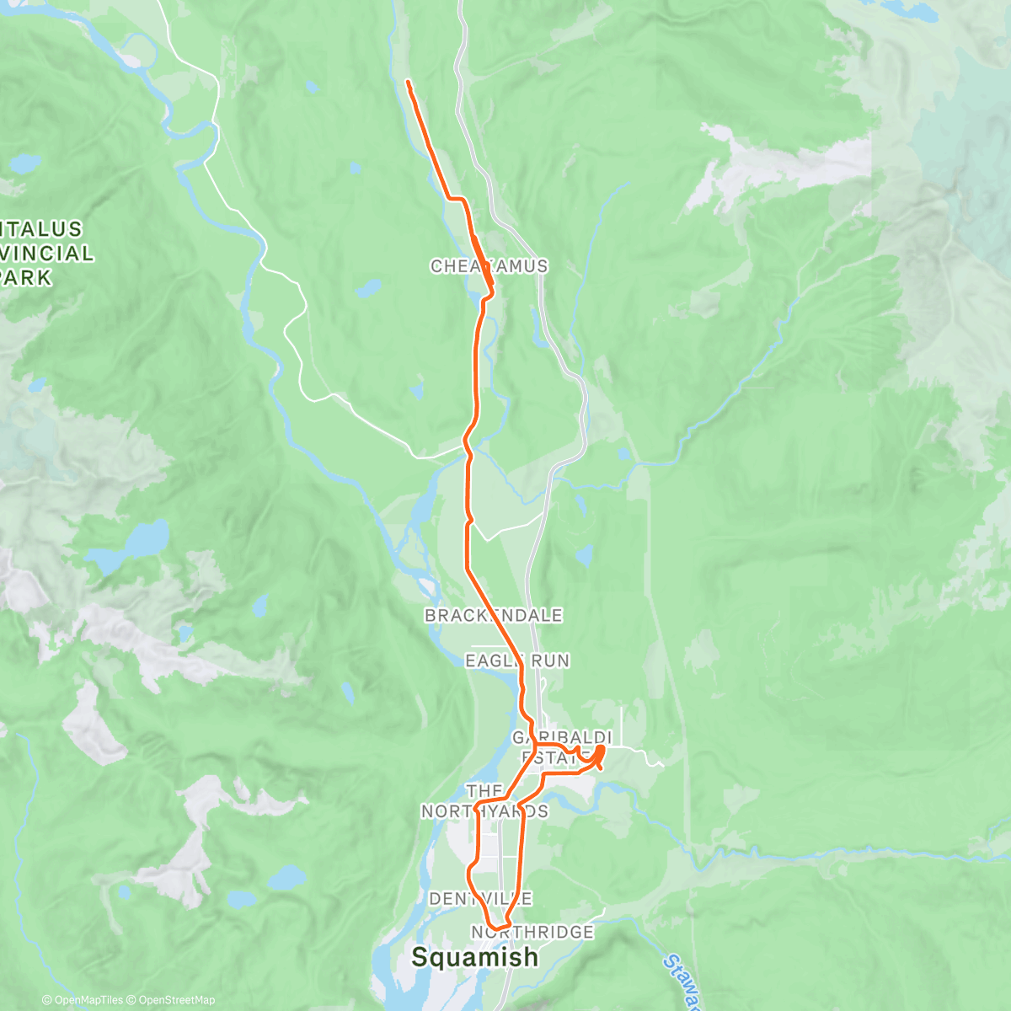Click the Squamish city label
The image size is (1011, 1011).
[x=474, y=957]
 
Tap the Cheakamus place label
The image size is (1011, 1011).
[x=489, y=266]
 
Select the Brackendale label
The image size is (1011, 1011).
[x=493, y=616]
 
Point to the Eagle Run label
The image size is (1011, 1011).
[x=517, y=661]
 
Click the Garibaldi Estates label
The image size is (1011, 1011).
[x=561, y=747]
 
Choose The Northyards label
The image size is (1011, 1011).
[x=484, y=801]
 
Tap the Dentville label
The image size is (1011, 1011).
[x=480, y=899]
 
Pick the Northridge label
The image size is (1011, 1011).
[x=532, y=932]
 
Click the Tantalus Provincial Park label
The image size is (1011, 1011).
[x=42, y=253]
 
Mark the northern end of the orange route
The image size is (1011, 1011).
[x=408, y=82]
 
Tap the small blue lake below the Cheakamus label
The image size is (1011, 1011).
[x=368, y=289]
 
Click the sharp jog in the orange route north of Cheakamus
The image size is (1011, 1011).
[x=458, y=199]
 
